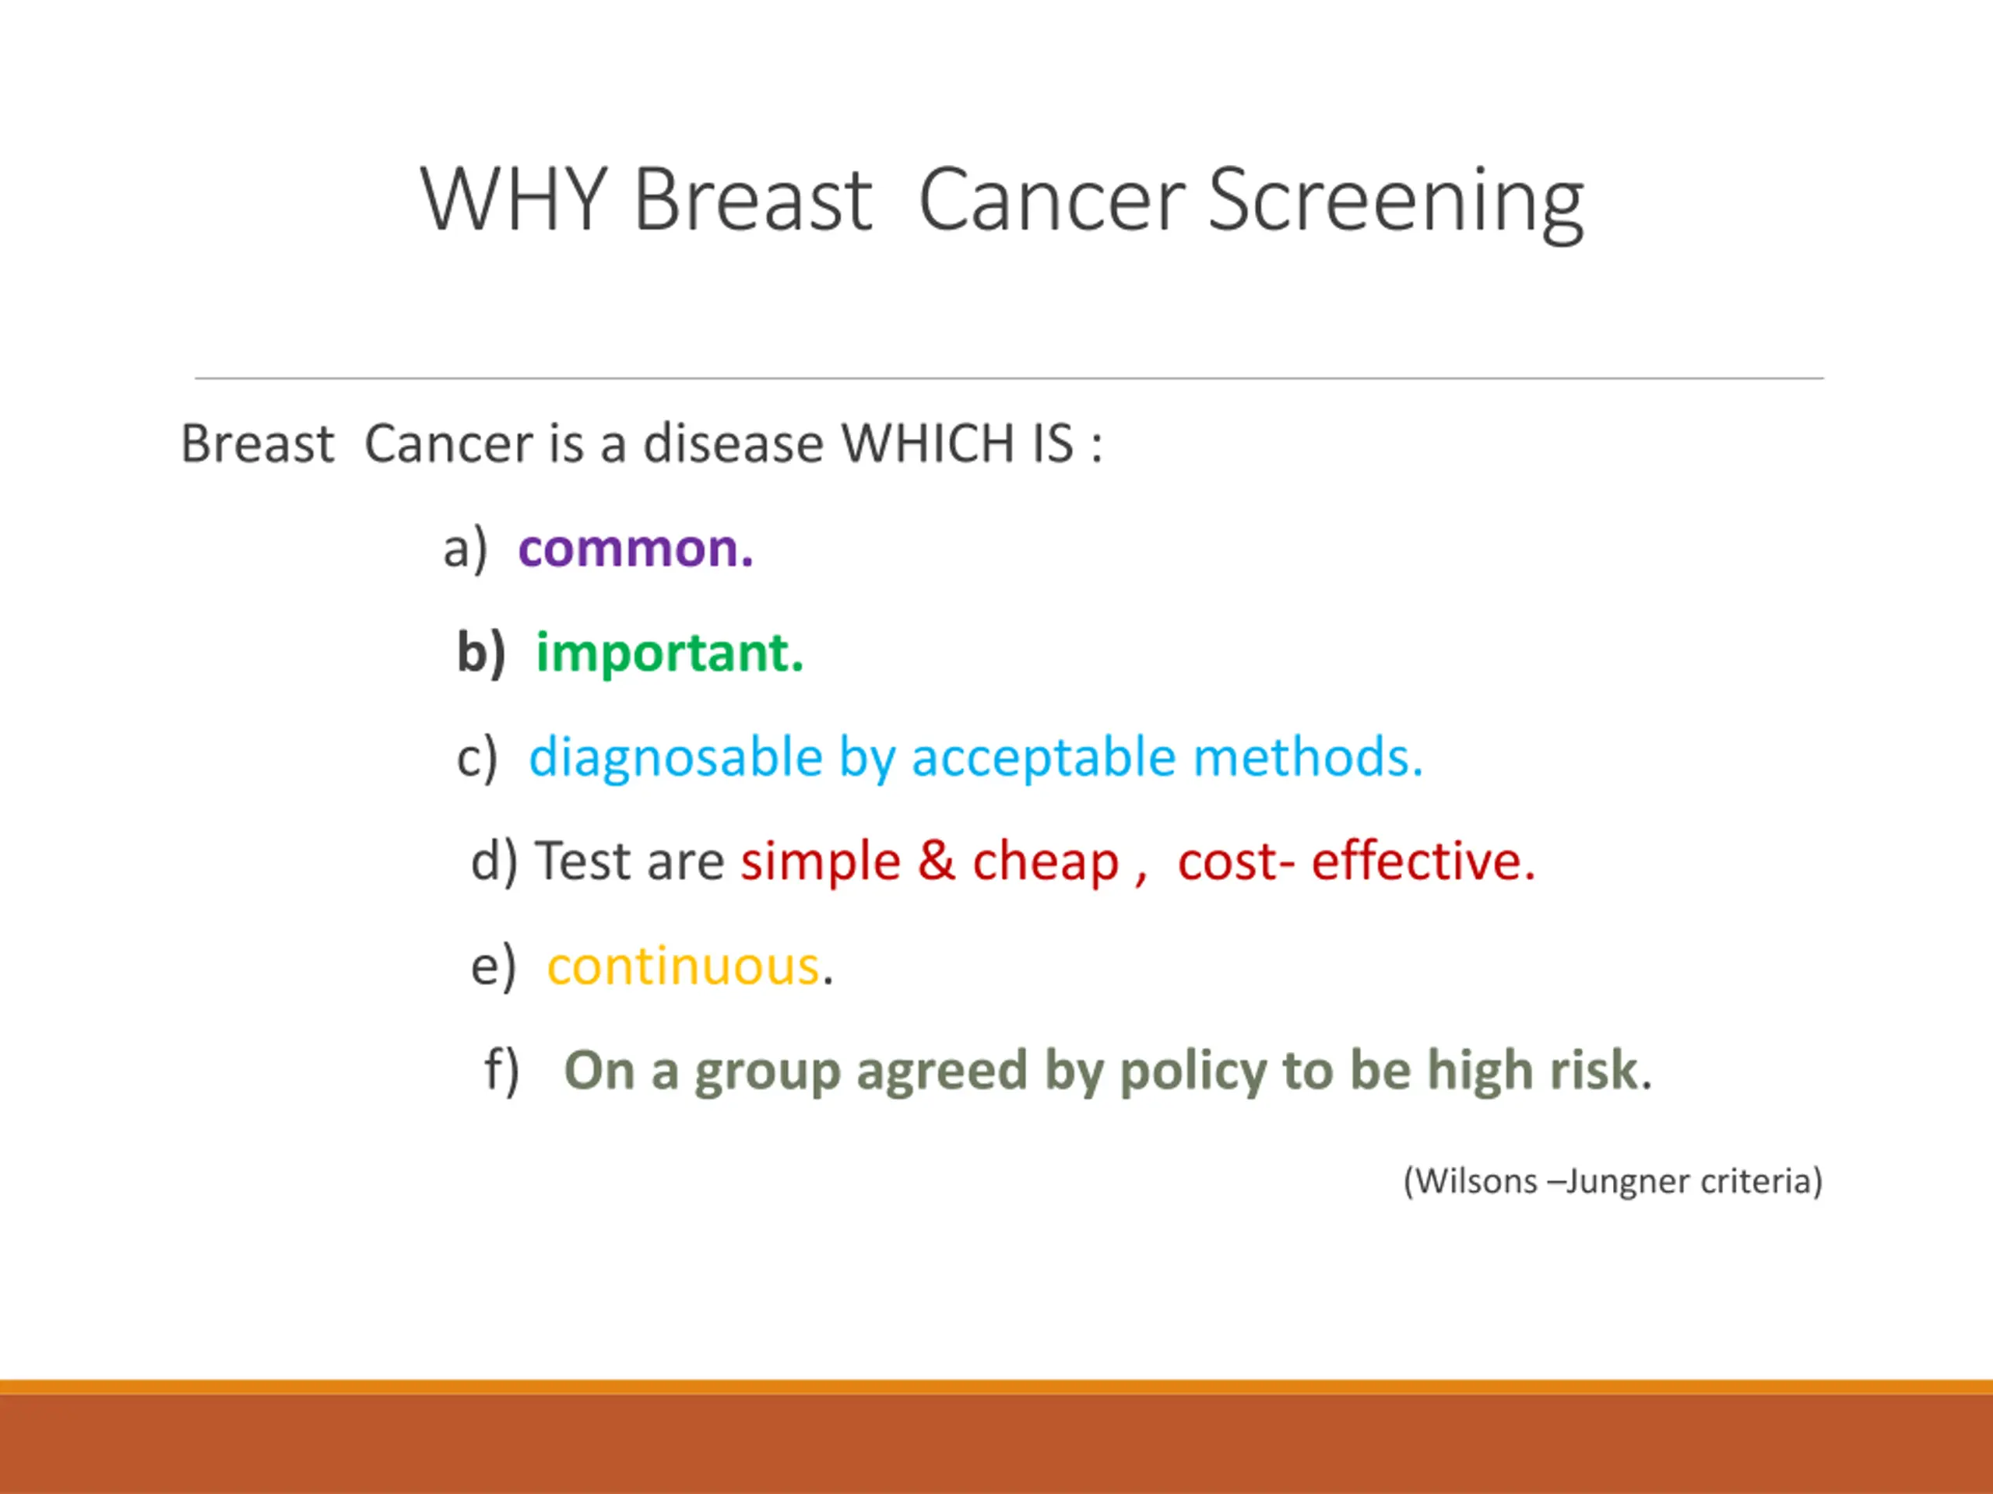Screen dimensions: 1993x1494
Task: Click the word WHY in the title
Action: (x=514, y=199)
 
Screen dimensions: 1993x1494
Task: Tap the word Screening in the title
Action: (x=1395, y=204)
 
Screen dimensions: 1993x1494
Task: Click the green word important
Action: (x=670, y=653)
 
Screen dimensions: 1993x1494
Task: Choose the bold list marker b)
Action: (x=481, y=653)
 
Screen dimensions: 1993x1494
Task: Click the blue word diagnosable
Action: (x=676, y=757)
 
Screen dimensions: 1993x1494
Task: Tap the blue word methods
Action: (x=1307, y=756)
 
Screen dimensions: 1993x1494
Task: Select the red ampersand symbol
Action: (x=936, y=860)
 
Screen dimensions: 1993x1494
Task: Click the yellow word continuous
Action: (x=684, y=966)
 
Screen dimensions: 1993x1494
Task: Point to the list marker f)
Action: (x=502, y=1071)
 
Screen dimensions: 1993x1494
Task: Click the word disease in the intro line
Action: (x=733, y=444)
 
